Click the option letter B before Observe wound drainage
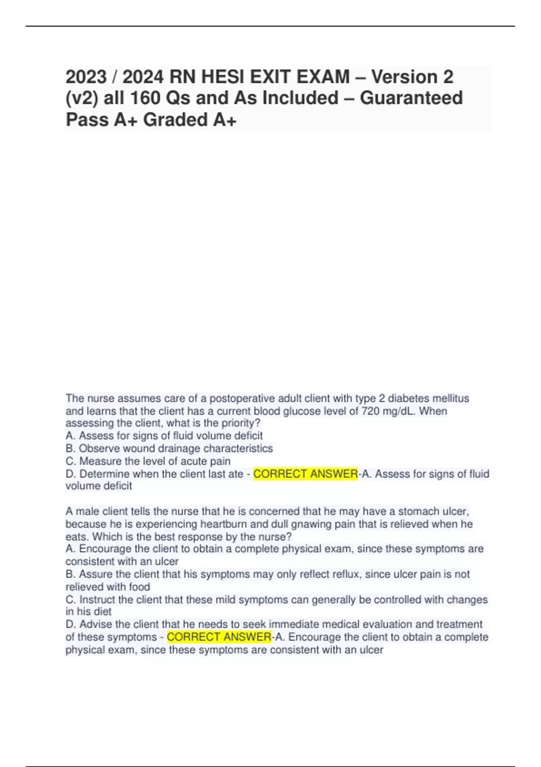coord(69,448)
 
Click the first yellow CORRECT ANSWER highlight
coord(305,474)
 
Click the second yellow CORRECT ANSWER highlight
coord(219,637)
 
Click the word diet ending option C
coord(102,612)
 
